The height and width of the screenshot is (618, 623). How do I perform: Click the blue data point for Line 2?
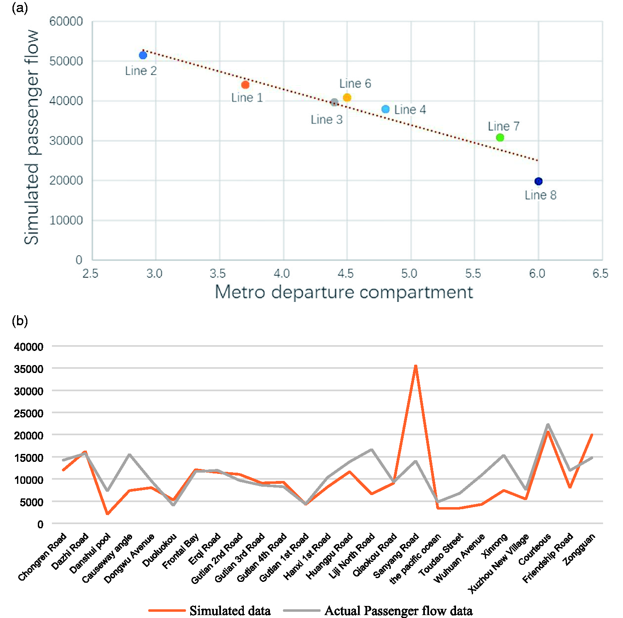point(143,55)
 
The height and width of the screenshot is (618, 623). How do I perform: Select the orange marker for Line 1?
point(245,85)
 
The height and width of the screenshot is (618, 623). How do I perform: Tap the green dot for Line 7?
point(500,137)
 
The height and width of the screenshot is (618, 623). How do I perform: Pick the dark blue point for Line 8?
point(538,181)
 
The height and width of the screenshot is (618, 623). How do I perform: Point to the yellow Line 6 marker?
point(347,98)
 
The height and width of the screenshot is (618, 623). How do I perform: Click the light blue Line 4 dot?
point(385,109)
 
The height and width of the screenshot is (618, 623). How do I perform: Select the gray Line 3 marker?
point(334,102)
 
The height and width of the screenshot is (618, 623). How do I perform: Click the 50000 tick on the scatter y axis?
point(66,61)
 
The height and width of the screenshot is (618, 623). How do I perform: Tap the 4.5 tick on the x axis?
point(346,273)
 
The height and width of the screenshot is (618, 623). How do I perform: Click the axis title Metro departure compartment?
point(344,292)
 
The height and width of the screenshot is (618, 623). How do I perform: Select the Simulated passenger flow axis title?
point(32,137)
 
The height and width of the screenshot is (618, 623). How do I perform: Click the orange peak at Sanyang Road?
point(415,366)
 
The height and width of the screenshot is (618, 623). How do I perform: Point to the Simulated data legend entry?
point(210,611)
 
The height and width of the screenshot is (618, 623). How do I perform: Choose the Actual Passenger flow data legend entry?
point(378,611)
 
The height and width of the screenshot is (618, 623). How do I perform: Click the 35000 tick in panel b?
point(29,369)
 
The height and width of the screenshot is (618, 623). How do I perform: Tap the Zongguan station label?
point(579,549)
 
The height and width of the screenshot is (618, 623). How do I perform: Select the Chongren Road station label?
point(42,557)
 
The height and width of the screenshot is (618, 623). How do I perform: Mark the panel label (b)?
point(20,321)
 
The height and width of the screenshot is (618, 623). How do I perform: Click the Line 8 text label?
point(540,195)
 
